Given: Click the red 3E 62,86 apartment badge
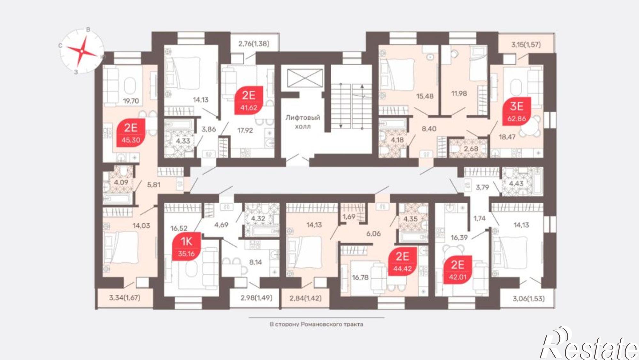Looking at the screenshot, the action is click(x=517, y=111).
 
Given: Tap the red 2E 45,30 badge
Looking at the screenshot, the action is click(x=131, y=133).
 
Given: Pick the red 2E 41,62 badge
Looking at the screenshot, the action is click(x=249, y=100).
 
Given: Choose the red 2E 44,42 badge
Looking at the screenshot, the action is click(x=403, y=261).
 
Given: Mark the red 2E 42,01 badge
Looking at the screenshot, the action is click(x=458, y=270).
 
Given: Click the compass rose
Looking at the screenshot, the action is click(x=82, y=51).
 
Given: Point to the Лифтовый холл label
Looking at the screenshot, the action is click(x=303, y=122).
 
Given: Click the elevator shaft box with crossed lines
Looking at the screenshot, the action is click(x=305, y=78).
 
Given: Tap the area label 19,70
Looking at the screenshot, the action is click(x=131, y=101).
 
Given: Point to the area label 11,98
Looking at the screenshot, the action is click(x=459, y=93).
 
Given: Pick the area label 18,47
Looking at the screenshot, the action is click(x=507, y=137).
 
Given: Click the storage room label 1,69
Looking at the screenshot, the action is click(x=349, y=217).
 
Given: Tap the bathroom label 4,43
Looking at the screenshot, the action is click(x=516, y=183).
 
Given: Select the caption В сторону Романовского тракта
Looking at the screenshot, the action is click(x=316, y=324).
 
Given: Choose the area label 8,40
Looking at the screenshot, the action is click(x=429, y=129).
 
